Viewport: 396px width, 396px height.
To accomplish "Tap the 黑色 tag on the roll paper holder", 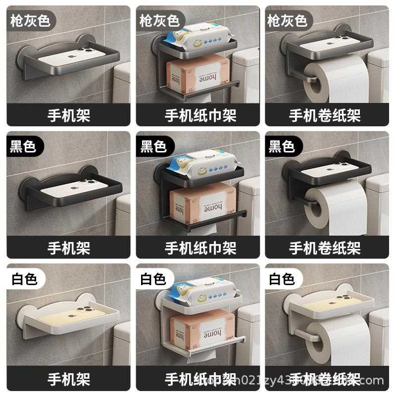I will point(282,146).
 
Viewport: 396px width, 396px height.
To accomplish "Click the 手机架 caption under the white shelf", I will point(69,379).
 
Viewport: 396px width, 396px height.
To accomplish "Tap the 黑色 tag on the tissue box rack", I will point(153,146).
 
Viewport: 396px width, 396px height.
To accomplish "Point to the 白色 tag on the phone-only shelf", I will point(24,279).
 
